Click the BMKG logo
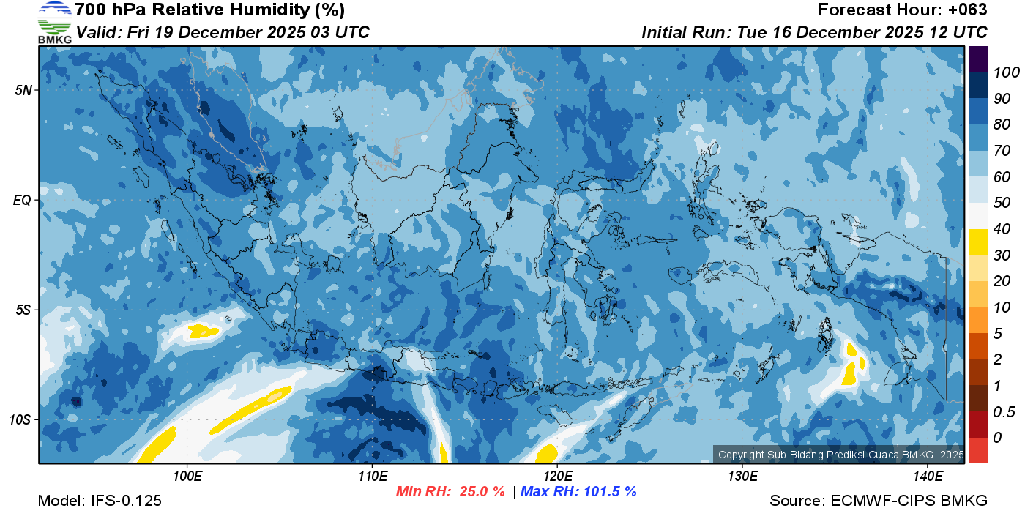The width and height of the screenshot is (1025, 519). click(55, 22)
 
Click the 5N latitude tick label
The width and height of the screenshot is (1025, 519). click(23, 90)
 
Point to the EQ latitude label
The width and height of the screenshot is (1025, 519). click(22, 200)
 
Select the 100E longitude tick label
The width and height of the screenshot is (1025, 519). click(187, 476)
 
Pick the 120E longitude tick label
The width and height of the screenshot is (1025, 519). click(557, 476)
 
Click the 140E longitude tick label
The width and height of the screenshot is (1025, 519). click(928, 476)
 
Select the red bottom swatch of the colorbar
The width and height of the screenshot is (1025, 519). click(978, 449)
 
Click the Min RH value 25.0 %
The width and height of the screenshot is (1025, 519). click(482, 491)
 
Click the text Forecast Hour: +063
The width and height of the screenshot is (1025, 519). click(903, 10)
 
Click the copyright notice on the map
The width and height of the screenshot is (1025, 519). click(840, 455)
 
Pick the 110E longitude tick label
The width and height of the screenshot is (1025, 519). click(372, 476)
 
